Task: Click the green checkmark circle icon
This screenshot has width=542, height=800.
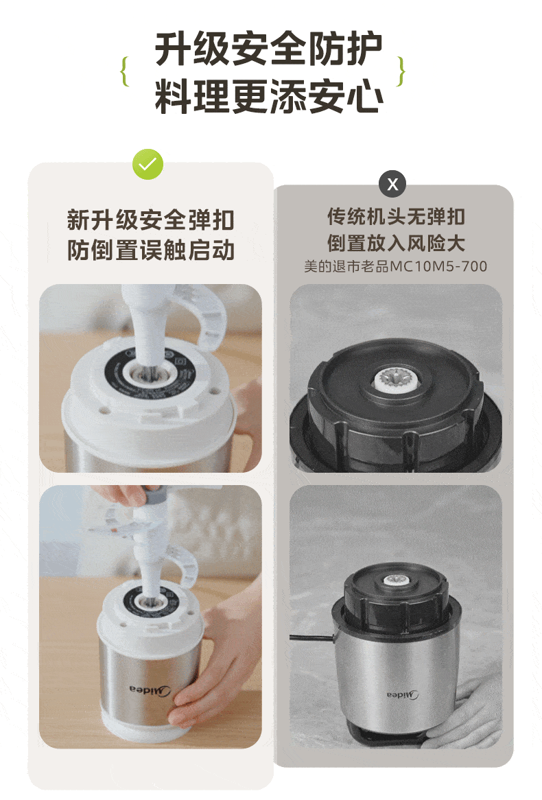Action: click(x=148, y=164)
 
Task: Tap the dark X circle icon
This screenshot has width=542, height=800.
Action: click(x=392, y=184)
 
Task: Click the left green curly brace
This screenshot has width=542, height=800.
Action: click(x=124, y=71)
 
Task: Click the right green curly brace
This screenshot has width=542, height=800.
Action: click(x=401, y=71)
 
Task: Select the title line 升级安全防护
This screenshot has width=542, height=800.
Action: click(x=268, y=49)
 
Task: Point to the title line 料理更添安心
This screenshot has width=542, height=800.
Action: click(x=269, y=96)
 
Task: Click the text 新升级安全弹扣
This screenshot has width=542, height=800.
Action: click(x=150, y=220)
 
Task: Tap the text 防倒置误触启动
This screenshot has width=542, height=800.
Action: click(x=150, y=250)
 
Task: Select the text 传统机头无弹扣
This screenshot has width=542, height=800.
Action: click(x=396, y=216)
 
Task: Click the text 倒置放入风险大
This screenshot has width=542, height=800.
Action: click(x=396, y=243)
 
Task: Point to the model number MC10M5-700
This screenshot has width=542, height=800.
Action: click(x=438, y=266)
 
